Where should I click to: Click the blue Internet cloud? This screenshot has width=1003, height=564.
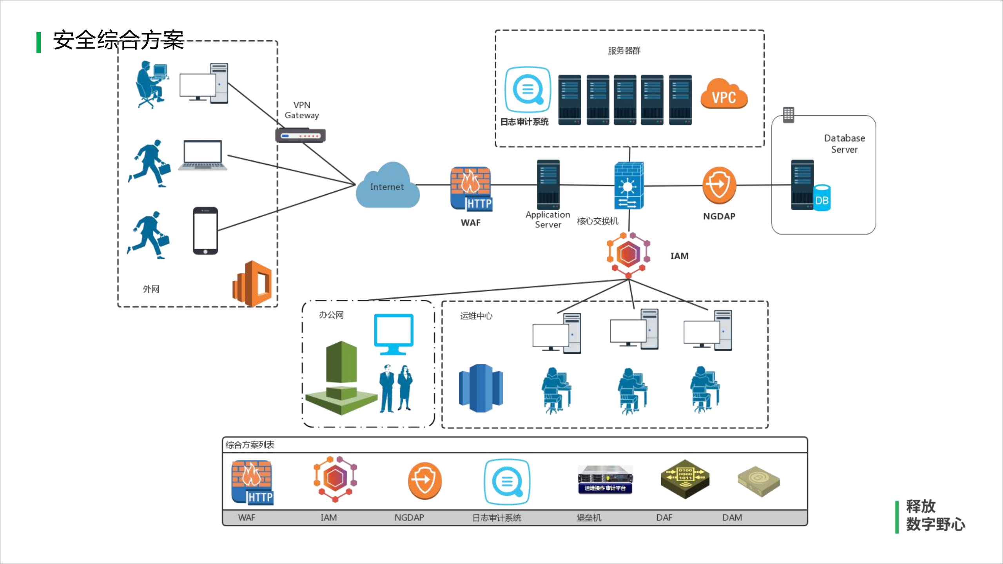click(x=387, y=187)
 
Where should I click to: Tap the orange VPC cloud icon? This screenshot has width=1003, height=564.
click(x=724, y=94)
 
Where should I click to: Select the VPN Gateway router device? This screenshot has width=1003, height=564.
click(x=300, y=136)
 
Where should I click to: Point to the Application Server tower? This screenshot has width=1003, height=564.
click(x=548, y=184)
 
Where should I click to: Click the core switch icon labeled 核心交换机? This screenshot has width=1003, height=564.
click(x=629, y=186)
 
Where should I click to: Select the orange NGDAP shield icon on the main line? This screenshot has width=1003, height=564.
click(x=719, y=185)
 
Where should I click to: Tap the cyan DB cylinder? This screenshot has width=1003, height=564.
click(x=822, y=198)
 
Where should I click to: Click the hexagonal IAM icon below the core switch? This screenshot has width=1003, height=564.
click(x=628, y=254)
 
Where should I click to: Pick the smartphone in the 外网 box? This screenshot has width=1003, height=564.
click(x=205, y=231)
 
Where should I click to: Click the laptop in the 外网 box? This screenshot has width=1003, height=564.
click(x=203, y=156)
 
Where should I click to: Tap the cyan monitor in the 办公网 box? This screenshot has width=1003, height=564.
click(x=393, y=334)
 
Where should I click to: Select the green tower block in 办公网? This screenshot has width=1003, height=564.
click(x=341, y=378)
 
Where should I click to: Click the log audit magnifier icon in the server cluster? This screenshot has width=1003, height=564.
click(x=528, y=90)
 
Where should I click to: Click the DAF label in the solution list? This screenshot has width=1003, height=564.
click(x=664, y=518)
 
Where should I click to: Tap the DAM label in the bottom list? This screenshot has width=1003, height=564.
click(x=732, y=518)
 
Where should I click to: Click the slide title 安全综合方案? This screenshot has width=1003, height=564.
click(x=118, y=40)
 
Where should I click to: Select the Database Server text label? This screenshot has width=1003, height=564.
click(x=844, y=144)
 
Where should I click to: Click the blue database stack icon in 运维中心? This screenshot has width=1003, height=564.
click(x=481, y=388)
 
